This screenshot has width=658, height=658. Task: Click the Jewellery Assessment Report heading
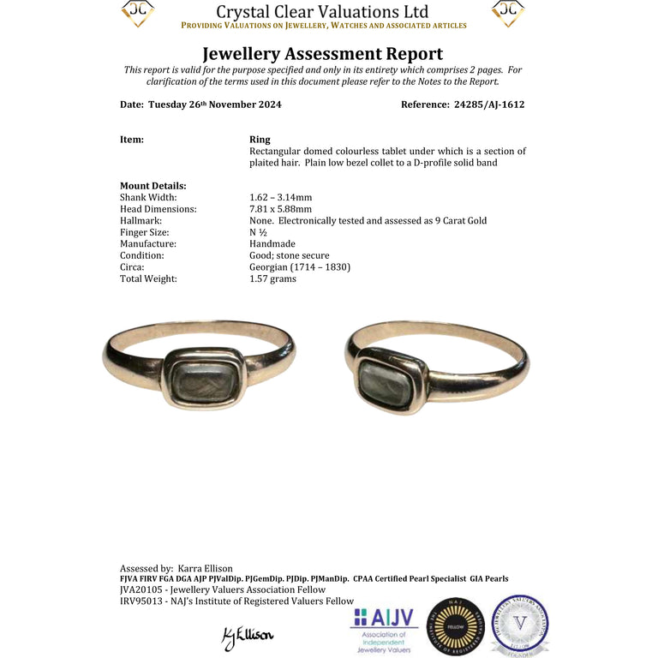tap(322, 54)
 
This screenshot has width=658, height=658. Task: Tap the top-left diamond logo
tap(137, 12)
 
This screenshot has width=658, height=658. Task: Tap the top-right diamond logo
tap(508, 12)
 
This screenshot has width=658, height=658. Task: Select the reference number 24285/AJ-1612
tap(488, 105)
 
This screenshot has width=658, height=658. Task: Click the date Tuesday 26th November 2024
tap(214, 105)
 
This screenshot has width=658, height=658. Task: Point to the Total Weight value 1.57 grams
tap(272, 278)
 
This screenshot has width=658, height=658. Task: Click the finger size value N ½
tap(258, 232)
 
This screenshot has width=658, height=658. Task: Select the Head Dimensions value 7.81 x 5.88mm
tap(280, 209)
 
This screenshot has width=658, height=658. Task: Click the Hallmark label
tap(141, 220)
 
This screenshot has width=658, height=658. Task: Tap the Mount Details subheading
tap(153, 185)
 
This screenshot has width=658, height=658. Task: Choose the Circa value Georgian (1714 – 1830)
tap(299, 266)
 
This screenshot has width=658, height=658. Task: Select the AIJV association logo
tap(384, 627)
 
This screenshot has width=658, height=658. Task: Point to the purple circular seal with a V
tap(519, 625)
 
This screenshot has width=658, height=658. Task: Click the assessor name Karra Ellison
tap(205, 568)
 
